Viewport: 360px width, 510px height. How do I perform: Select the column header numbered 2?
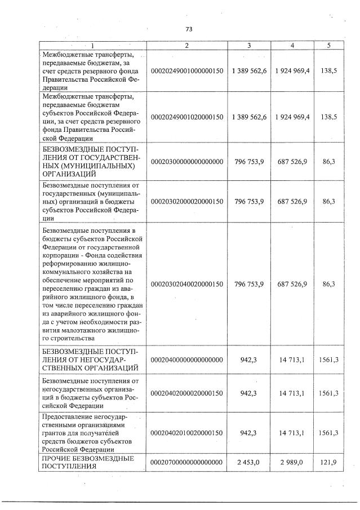pyautogui.click(x=186, y=46)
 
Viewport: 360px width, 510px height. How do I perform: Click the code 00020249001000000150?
pyautogui.click(x=186, y=70)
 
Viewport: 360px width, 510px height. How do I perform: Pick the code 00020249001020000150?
pyautogui.click(x=186, y=117)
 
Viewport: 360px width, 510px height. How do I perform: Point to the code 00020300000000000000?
pyautogui.click(x=186, y=162)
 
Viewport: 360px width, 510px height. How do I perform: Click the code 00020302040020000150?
pyautogui.click(x=186, y=283)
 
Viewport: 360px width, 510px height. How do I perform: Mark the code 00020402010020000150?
pyautogui.click(x=186, y=433)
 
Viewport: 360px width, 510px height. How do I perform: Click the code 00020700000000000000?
pyautogui.click(x=186, y=462)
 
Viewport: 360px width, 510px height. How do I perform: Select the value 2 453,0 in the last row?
pyautogui.click(x=248, y=462)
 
